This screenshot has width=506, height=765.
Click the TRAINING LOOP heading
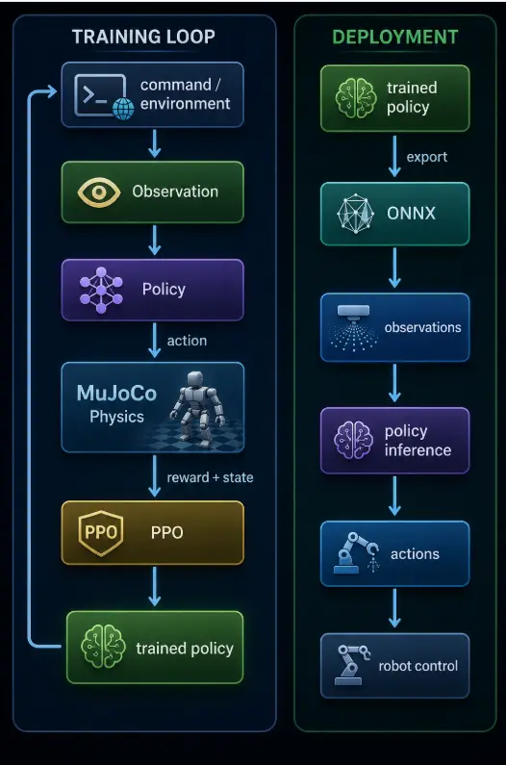[x=143, y=37]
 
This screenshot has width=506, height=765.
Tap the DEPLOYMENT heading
[x=395, y=38]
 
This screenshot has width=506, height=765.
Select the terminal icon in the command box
[x=100, y=95]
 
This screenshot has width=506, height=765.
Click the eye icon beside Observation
[x=99, y=191]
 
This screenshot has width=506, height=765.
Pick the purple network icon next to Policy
[x=101, y=290]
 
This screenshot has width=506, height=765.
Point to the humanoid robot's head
[x=195, y=379]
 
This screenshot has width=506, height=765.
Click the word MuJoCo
[x=116, y=394]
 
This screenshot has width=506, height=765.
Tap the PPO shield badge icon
[x=100, y=533]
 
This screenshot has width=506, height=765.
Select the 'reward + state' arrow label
[x=211, y=477]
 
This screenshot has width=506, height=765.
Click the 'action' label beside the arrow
[x=187, y=341]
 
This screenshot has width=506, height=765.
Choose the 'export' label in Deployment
[x=427, y=157]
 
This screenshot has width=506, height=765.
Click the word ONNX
[x=412, y=214]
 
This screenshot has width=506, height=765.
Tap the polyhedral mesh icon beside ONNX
[x=356, y=214]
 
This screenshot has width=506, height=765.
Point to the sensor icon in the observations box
[x=354, y=328]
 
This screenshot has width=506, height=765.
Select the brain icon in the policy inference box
[x=353, y=441]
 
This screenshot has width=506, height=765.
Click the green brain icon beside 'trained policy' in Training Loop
[x=103, y=648]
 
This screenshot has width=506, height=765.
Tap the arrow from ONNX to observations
[x=394, y=268]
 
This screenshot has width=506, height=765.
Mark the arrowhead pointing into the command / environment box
[x=53, y=91]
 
